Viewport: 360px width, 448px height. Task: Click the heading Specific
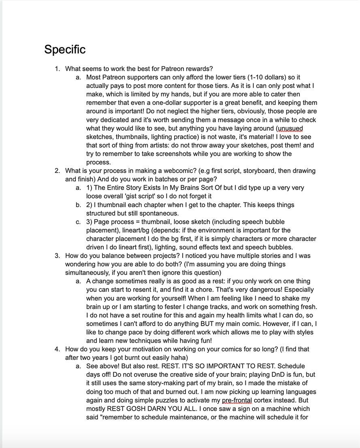[x=65, y=49]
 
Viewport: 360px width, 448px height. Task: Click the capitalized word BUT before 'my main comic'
[x=209, y=324]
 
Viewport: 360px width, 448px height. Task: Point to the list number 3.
[x=58, y=256]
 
